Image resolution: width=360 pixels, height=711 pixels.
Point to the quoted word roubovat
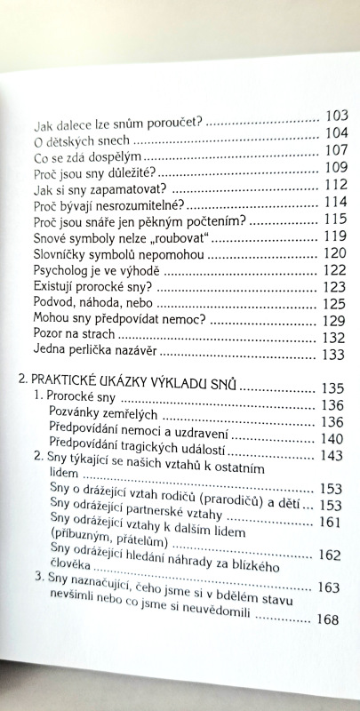(x=180, y=236)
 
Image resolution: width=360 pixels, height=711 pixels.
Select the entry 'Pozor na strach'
(x=73, y=335)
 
